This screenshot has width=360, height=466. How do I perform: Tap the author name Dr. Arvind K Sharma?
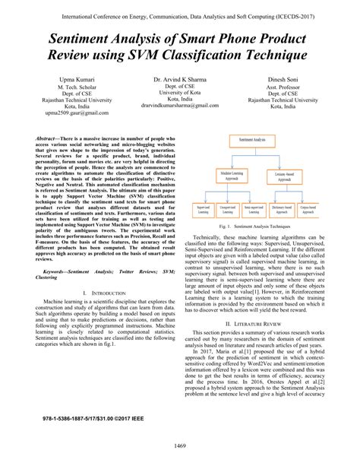[x=180, y=79]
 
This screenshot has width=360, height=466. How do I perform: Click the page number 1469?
[x=180, y=445]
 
